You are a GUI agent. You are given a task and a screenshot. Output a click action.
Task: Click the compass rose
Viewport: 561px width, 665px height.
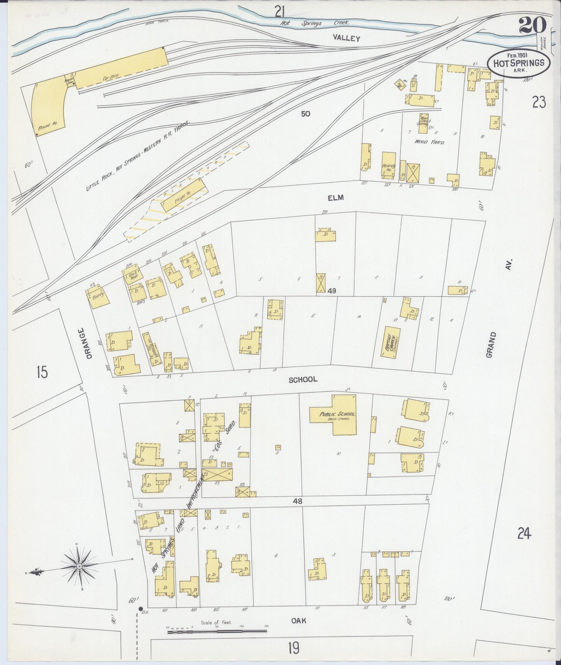tap(80, 567)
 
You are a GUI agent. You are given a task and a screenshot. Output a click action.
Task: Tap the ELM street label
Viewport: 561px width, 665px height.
tap(335, 198)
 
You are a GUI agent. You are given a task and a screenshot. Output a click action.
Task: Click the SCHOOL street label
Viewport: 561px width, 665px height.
tap(303, 379)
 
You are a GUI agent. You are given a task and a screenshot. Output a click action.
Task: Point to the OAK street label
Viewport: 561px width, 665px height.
tap(299, 621)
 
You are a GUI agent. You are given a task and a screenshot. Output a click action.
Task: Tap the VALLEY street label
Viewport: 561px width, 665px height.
tap(346, 38)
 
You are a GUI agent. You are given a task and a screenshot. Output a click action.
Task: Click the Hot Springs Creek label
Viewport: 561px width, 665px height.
tap(314, 23)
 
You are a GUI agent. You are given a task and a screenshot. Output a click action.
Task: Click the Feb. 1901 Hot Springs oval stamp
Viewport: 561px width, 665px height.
tap(518, 63)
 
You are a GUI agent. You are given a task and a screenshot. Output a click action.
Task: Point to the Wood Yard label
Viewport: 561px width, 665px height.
tap(429, 142)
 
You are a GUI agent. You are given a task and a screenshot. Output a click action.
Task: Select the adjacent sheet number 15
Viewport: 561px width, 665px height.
tap(42, 372)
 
